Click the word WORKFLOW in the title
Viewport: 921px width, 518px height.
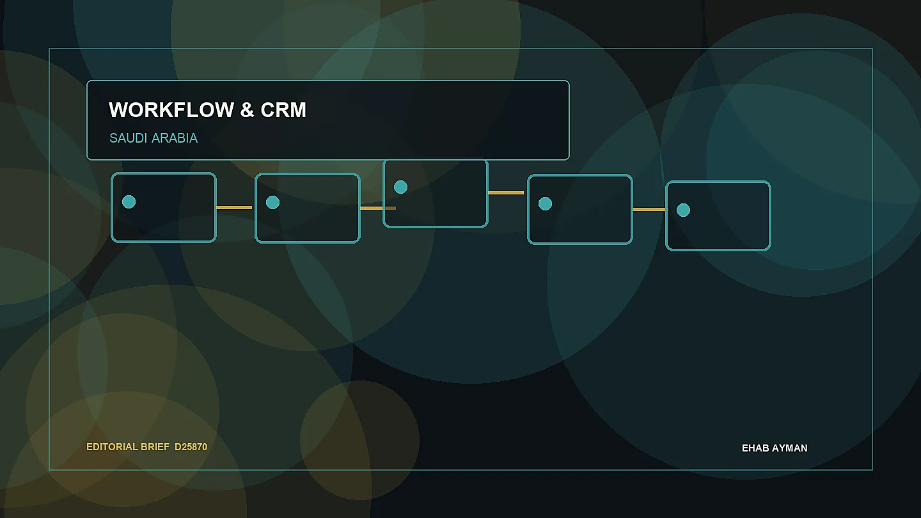pyautogui.click(x=171, y=110)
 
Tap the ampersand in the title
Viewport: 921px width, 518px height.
pyautogui.click(x=247, y=110)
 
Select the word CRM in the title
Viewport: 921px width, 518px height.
pyautogui.click(x=283, y=110)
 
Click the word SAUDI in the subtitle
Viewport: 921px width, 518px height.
pyautogui.click(x=129, y=138)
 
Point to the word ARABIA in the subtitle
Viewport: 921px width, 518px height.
pyautogui.click(x=175, y=138)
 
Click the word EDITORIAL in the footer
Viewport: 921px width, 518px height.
pyautogui.click(x=112, y=447)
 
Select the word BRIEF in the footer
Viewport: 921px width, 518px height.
pyautogui.click(x=155, y=447)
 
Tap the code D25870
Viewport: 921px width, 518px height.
pyautogui.click(x=191, y=447)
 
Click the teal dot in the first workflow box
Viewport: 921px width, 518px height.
pyautogui.click(x=129, y=202)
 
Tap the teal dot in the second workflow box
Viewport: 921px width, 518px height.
pyautogui.click(x=272, y=202)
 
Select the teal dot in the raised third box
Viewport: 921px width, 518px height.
pyautogui.click(x=400, y=187)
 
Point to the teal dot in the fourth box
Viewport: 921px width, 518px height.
pyautogui.click(x=545, y=203)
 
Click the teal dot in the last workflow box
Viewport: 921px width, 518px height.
pyautogui.click(x=683, y=210)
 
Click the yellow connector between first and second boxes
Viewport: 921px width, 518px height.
pyautogui.click(x=234, y=208)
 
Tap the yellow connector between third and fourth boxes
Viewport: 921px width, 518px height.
pyautogui.click(x=506, y=193)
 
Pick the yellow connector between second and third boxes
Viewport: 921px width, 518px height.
pyautogui.click(x=378, y=208)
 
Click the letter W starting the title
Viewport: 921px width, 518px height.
pyautogui.click(x=118, y=110)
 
